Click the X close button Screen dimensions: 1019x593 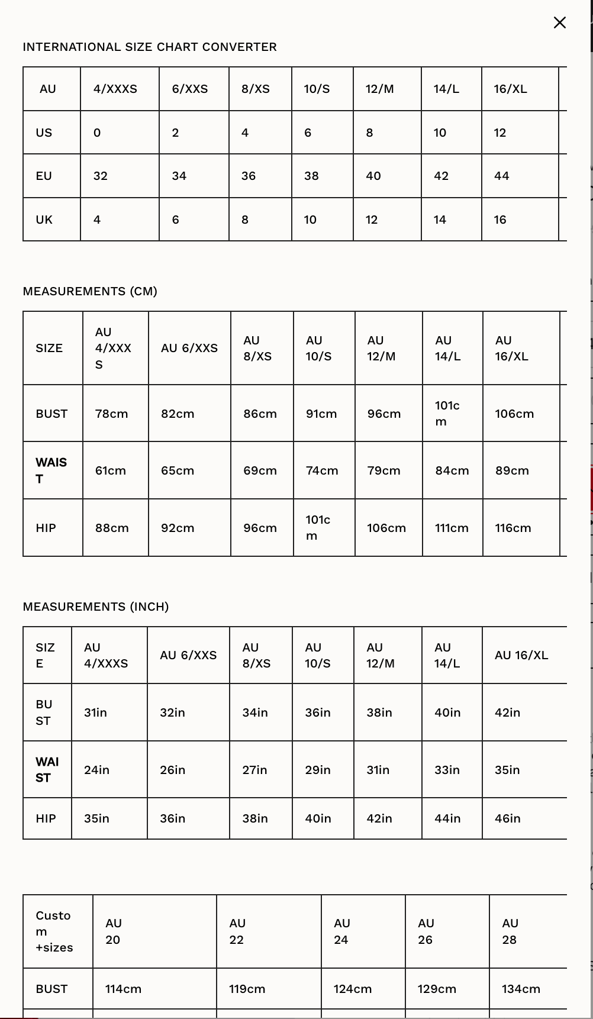click(x=559, y=22)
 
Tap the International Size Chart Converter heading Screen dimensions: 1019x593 click(x=150, y=47)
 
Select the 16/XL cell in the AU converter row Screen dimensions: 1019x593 click(x=510, y=89)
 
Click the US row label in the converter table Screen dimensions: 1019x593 click(x=44, y=133)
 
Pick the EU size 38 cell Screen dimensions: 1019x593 click(x=311, y=176)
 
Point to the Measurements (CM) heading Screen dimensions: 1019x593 click(x=90, y=291)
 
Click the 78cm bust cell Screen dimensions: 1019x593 click(x=112, y=414)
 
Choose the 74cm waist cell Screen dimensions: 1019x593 click(x=322, y=470)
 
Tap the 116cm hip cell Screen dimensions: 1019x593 click(x=513, y=528)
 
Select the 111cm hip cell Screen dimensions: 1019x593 click(x=452, y=528)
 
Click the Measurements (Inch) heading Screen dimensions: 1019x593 click(x=96, y=607)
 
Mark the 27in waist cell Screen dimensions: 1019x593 click(x=254, y=770)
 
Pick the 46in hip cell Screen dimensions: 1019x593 click(x=508, y=818)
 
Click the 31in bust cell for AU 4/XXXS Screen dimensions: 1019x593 click(x=96, y=712)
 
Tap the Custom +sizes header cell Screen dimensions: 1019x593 click(x=54, y=931)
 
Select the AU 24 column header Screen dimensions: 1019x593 click(x=342, y=931)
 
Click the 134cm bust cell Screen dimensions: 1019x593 click(x=521, y=989)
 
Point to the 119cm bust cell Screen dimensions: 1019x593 click(x=247, y=989)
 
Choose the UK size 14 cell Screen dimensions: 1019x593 click(x=440, y=220)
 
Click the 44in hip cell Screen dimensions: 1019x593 click(x=447, y=818)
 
